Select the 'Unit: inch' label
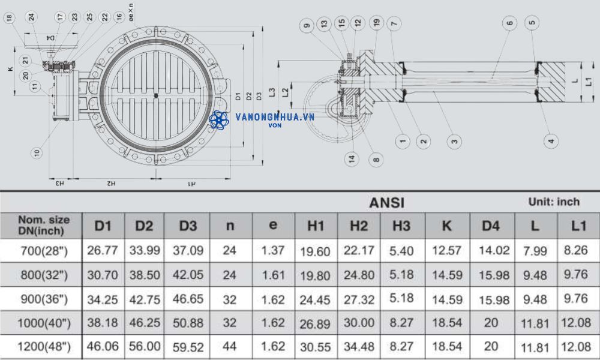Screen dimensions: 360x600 click(553, 202)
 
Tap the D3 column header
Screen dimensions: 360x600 click(188, 226)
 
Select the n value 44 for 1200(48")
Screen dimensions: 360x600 click(230, 347)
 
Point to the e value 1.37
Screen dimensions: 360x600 click(273, 251)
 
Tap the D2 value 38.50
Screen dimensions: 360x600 click(144, 275)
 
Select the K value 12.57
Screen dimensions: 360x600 click(446, 251)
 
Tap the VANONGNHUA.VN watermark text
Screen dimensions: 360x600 click(275, 117)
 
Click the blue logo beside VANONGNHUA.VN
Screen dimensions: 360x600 click(220, 120)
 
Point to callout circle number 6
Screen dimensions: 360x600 click(509, 23)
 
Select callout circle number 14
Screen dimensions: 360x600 click(351, 158)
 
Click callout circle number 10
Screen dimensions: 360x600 click(37, 152)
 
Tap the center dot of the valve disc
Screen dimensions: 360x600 click(156, 95)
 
